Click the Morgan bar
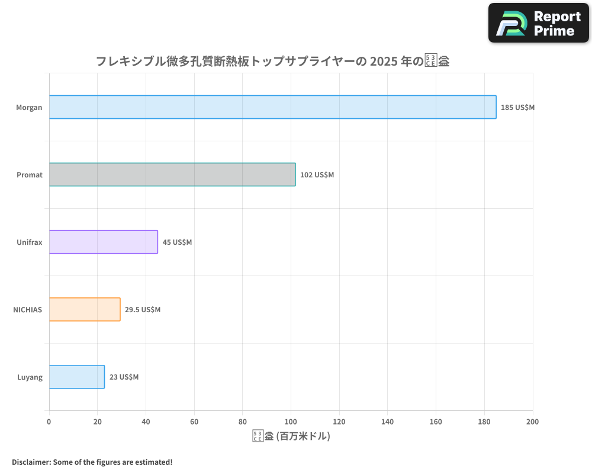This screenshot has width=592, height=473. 272,107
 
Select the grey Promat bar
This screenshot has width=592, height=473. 172,174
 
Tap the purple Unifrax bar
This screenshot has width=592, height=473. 103,242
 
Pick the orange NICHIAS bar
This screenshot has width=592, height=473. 85,309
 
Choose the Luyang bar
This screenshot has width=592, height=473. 76,377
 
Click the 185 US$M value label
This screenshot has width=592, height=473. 517,108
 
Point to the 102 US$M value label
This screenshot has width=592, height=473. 317,175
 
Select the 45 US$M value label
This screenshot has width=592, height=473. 177,242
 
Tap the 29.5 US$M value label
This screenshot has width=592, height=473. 142,310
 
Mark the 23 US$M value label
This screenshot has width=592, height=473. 124,377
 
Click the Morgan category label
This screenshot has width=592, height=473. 29,108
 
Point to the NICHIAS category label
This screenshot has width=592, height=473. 27,310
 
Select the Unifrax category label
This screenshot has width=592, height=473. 30,242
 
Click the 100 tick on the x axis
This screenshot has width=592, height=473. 291,422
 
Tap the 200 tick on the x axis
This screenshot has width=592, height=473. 532,422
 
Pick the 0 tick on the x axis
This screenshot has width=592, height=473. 49,422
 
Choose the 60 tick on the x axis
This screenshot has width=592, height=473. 194,422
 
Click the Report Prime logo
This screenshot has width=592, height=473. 539,23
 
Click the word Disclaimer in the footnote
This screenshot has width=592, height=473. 31,462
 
